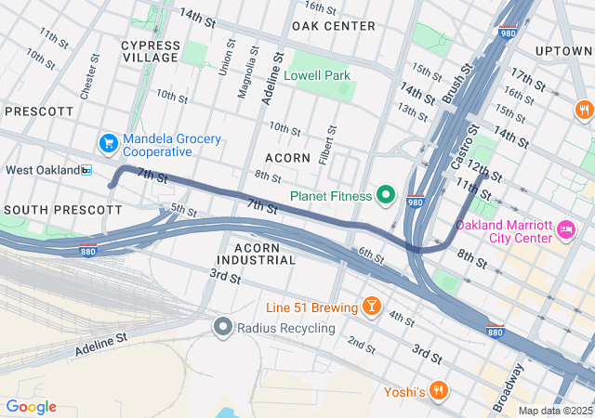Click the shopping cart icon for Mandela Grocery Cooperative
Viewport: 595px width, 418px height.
[109, 143]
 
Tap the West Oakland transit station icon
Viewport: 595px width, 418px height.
[86, 170]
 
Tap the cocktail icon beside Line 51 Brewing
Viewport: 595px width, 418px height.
[371, 307]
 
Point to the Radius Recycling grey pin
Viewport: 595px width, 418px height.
[222, 327]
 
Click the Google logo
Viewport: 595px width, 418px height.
[31, 407]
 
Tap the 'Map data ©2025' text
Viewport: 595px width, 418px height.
[555, 411]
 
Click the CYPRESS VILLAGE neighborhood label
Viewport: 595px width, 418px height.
[150, 51]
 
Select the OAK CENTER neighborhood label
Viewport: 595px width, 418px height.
[334, 26]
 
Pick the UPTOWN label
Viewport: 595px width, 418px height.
[565, 50]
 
